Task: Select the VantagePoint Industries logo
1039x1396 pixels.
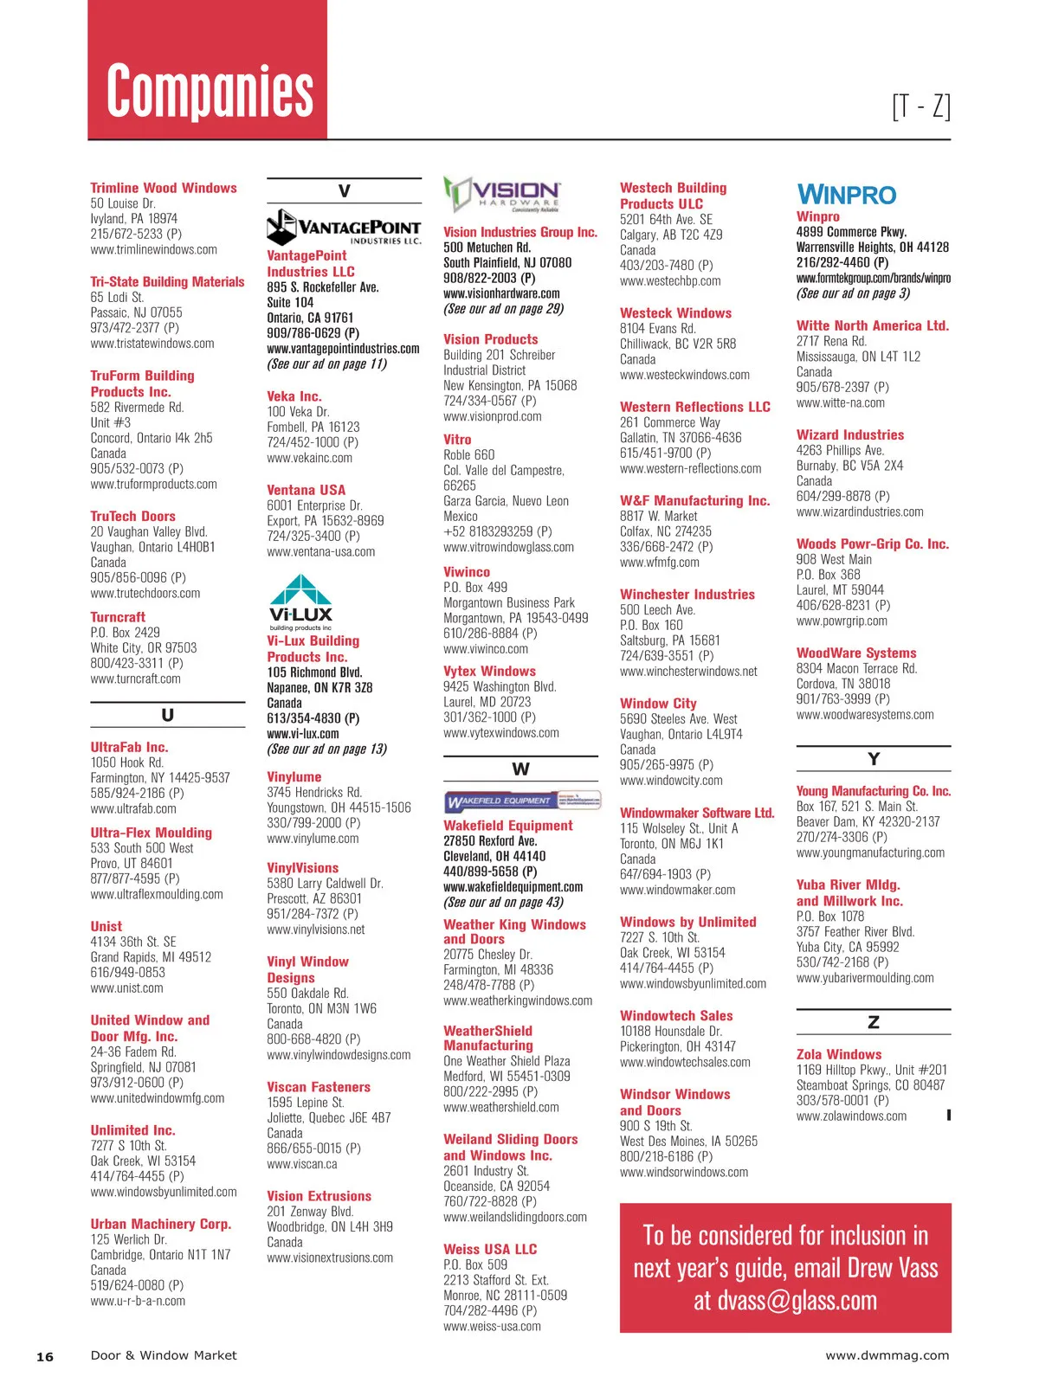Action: pyautogui.click(x=344, y=227)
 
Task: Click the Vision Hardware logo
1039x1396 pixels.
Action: pyautogui.click(x=502, y=195)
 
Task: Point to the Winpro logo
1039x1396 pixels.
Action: pyautogui.click(x=846, y=195)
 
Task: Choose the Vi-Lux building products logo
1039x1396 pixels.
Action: pyautogui.click(x=300, y=602)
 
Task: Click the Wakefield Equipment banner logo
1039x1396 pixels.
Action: pyautogui.click(x=522, y=801)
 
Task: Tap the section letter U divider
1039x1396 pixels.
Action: pyautogui.click(x=167, y=716)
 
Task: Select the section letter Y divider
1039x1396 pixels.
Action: pyautogui.click(x=873, y=759)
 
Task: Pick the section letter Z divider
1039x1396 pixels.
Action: pyautogui.click(x=873, y=1022)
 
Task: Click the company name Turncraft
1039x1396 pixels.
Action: pyautogui.click(x=118, y=617)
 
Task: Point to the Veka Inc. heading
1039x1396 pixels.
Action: pyautogui.click(x=294, y=396)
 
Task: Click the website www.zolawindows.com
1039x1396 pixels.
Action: pyautogui.click(x=851, y=1116)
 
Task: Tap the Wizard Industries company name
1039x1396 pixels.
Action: pyautogui.click(x=849, y=434)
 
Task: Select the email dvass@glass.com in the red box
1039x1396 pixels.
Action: pyautogui.click(x=784, y=1301)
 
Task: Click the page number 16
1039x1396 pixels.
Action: pyautogui.click(x=44, y=1356)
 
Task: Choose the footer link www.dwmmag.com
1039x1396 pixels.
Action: pyautogui.click(x=887, y=1355)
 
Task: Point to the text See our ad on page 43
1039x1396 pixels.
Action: pyautogui.click(x=503, y=902)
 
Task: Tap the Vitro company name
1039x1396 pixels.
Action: pyautogui.click(x=457, y=440)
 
